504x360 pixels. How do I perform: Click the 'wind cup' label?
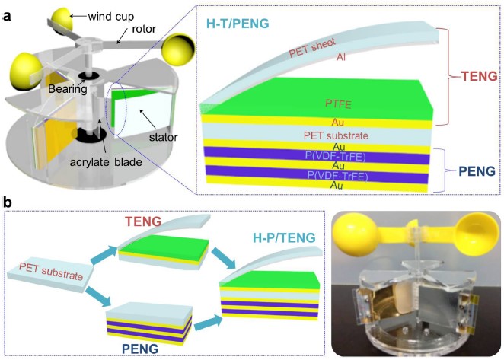111,16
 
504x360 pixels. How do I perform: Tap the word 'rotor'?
144,29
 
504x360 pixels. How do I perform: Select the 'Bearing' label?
68,88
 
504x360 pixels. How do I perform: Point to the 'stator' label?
163,137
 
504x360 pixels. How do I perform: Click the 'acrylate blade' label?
106,161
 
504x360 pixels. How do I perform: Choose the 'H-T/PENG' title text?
238,24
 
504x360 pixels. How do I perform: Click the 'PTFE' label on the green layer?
339,104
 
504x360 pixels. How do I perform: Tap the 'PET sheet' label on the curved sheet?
312,47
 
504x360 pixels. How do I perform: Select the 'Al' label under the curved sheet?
341,57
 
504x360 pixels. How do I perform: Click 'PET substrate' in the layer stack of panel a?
336,135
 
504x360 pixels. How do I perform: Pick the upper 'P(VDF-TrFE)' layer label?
335,157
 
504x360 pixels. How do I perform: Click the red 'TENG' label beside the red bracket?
479,76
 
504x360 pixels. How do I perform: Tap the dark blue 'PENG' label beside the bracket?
477,171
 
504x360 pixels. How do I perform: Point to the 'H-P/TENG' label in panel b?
284,238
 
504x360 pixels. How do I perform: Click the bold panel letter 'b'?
7,202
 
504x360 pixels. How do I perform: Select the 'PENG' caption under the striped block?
140,349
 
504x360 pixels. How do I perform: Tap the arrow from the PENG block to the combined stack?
208,321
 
